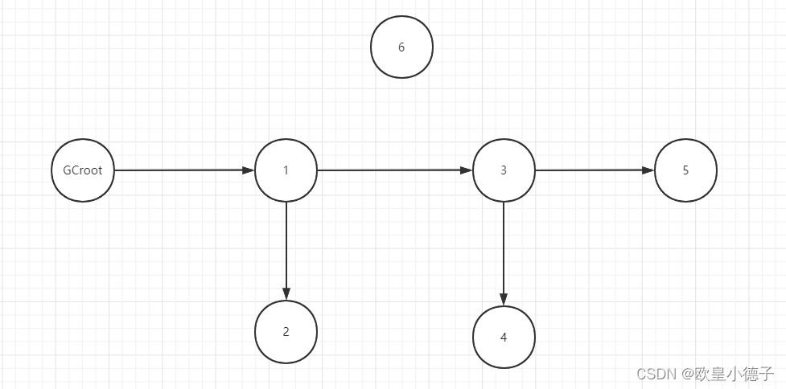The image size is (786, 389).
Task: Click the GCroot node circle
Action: pyautogui.click(x=83, y=170)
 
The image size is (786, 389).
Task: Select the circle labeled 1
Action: pyautogui.click(x=286, y=170)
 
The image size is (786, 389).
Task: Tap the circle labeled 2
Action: pyautogui.click(x=286, y=332)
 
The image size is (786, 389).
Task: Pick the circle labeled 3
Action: pyautogui.click(x=504, y=170)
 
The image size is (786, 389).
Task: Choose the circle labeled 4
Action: pyautogui.click(x=504, y=337)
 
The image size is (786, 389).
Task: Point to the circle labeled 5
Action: pyautogui.click(x=685, y=170)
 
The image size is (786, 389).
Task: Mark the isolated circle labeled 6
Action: pyautogui.click(x=401, y=47)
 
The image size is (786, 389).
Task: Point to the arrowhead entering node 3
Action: pyautogui.click(x=466, y=170)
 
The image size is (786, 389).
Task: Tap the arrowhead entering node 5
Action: pyautogui.click(x=648, y=170)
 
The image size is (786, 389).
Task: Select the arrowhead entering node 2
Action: pyautogui.click(x=286, y=294)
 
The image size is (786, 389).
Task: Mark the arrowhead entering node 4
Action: pyautogui.click(x=504, y=300)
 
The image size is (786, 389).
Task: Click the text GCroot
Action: pyautogui.click(x=83, y=170)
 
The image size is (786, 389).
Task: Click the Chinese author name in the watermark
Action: pyautogui.click(x=733, y=374)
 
